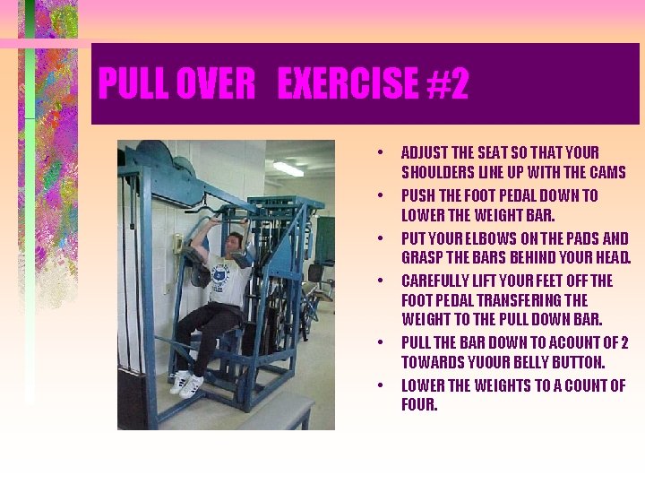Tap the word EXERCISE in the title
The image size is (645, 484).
348,84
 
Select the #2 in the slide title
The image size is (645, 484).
446,84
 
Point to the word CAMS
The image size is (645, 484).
606,172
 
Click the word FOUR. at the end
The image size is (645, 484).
419,405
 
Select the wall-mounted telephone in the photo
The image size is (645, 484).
178,243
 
